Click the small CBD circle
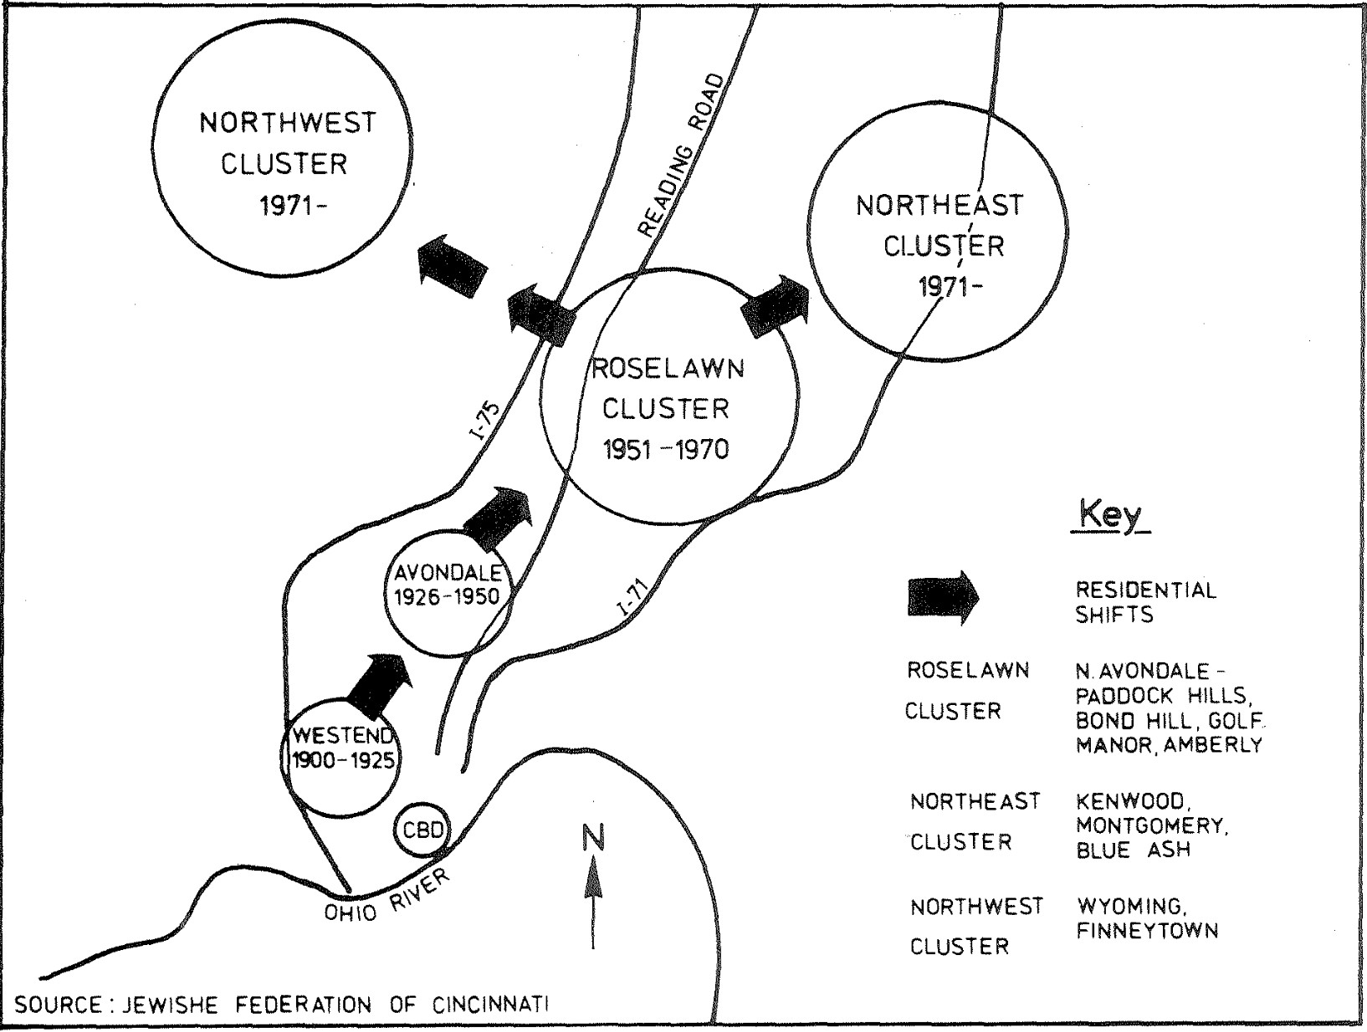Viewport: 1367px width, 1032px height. click(x=420, y=830)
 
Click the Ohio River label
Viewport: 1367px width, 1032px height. click(x=387, y=895)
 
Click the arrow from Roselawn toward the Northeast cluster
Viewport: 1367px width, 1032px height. click(x=776, y=305)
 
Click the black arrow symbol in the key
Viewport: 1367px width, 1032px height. click(x=943, y=597)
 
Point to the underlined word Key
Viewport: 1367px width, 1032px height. click(x=1110, y=514)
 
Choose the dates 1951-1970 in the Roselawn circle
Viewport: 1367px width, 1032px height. click(x=665, y=450)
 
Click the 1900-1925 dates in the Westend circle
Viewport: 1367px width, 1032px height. click(x=342, y=761)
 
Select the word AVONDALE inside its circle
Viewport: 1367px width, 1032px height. click(x=448, y=573)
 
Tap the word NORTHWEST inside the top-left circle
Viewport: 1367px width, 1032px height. click(x=287, y=123)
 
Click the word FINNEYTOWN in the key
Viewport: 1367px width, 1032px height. click(x=1147, y=931)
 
